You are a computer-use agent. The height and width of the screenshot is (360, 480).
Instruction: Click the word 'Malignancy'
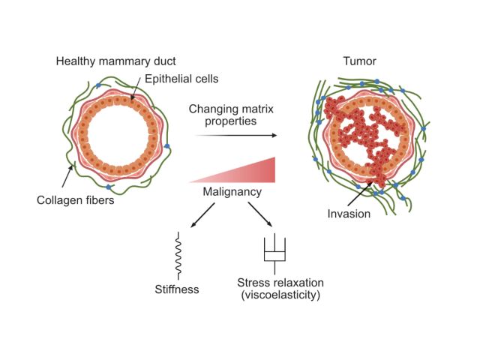click(232, 193)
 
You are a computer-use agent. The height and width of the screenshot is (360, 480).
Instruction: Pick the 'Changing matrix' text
click(232, 108)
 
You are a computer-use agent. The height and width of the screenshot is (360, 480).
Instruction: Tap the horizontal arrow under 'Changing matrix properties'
click(233, 136)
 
